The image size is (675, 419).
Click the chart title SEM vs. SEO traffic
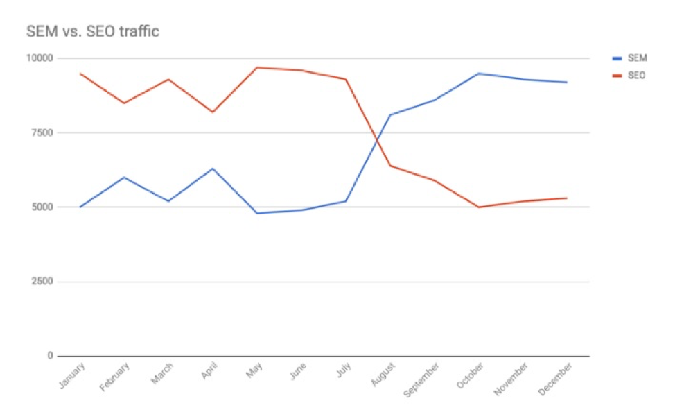[x=93, y=32]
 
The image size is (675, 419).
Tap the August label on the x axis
[x=382, y=375]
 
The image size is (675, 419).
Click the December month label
[x=556, y=377]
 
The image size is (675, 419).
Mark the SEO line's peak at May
[x=257, y=67]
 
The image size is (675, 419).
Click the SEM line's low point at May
[x=257, y=213]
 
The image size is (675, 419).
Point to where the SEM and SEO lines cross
[x=377, y=141]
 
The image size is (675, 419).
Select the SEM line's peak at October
[x=479, y=74]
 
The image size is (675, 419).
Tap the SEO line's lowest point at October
[x=479, y=207]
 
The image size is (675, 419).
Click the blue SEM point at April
[x=213, y=169]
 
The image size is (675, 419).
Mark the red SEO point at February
[x=124, y=103]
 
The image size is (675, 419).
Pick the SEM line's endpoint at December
[x=568, y=83]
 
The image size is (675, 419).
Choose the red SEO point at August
[x=390, y=166]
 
